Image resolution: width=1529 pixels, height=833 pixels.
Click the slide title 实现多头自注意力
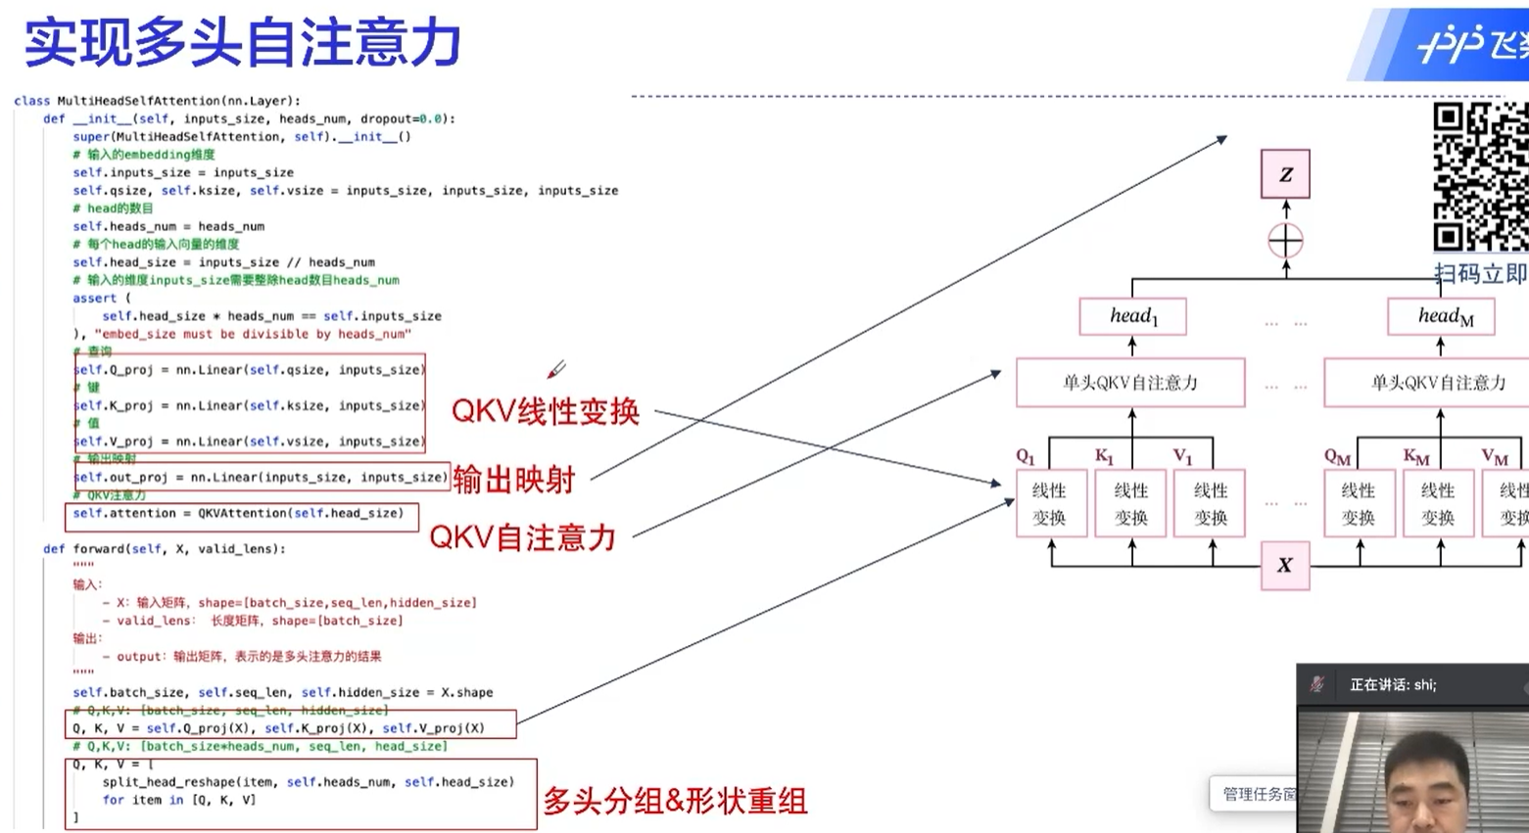point(242,43)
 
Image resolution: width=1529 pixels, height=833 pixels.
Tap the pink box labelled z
point(1285,174)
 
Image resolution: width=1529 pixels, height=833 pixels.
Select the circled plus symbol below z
point(1285,241)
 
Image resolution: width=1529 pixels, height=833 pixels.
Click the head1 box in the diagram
point(1133,316)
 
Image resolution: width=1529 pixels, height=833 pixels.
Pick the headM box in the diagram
point(1442,316)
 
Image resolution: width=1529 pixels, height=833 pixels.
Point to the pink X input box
point(1285,565)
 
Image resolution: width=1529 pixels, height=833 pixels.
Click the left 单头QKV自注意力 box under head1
point(1130,383)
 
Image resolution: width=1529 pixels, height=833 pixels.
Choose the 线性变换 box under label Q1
point(1051,503)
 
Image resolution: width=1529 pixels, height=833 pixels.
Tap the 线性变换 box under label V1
point(1210,503)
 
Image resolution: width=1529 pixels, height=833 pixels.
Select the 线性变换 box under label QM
point(1360,503)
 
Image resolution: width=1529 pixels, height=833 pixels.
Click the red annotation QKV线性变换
point(545,412)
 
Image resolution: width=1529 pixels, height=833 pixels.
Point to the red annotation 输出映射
point(513,480)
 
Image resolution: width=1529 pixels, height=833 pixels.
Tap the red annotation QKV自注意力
point(522,537)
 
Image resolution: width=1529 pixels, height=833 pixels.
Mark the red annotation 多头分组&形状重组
point(675,801)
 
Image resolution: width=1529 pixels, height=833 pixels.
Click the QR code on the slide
point(1480,177)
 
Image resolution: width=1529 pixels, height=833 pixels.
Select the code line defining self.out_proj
point(261,477)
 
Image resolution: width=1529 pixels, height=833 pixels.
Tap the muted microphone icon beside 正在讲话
point(1318,684)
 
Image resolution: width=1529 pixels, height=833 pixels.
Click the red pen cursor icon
point(556,369)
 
